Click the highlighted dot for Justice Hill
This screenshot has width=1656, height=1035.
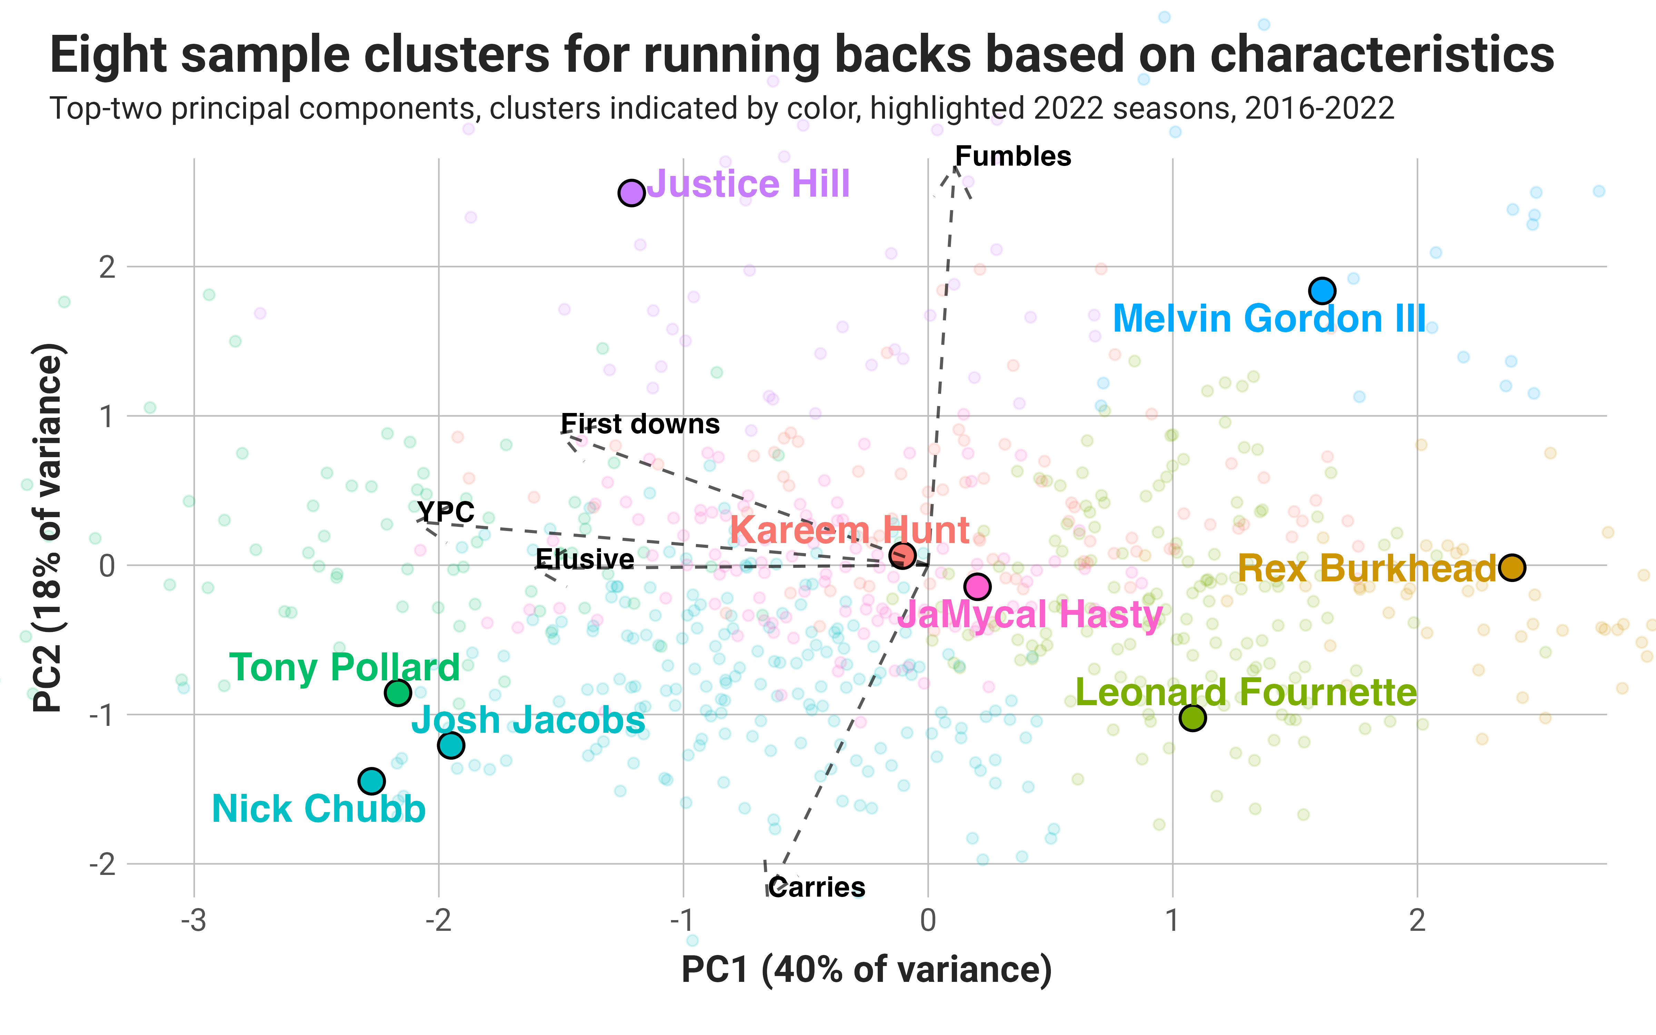[631, 193]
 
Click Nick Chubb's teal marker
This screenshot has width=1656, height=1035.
[372, 781]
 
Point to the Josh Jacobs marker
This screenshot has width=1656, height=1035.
[451, 745]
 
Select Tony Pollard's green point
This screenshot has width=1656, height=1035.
[397, 693]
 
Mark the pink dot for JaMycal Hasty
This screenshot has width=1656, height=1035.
[977, 586]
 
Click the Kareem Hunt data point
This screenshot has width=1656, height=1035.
[903, 555]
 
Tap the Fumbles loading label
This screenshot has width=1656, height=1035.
[1013, 157]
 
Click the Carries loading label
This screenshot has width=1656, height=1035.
[816, 888]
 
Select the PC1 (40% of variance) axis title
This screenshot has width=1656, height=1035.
[866, 970]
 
